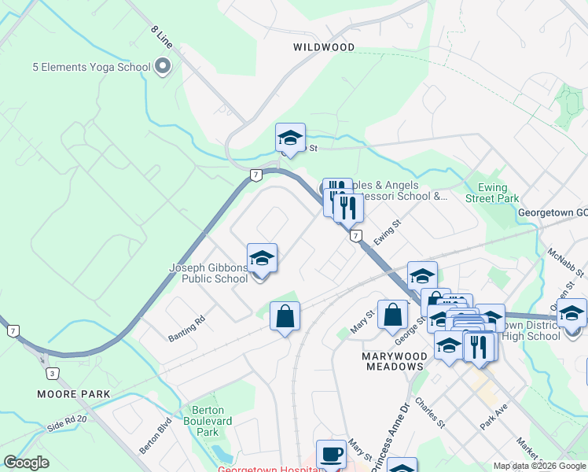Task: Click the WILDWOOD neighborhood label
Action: click(324, 47)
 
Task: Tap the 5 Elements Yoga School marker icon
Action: click(164, 66)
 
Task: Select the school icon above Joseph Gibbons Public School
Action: click(262, 259)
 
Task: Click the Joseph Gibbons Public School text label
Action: click(208, 273)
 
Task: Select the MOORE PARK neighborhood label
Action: click(72, 393)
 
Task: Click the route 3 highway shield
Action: click(51, 373)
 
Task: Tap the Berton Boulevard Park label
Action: click(208, 421)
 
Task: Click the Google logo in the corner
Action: click(26, 463)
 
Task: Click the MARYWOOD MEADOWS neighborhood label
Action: click(393, 361)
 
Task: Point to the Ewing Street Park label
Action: click(498, 193)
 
